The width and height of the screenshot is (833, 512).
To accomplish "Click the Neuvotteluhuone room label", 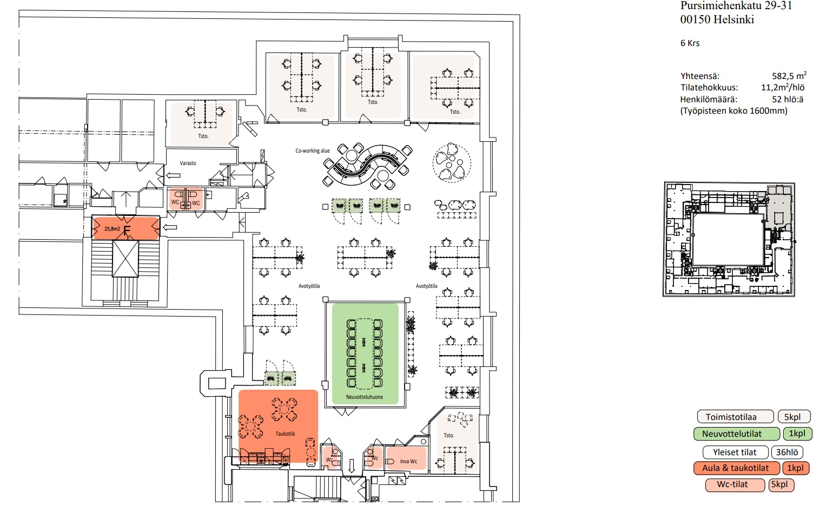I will tap(365, 397).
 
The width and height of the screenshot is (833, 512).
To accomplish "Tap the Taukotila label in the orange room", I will tap(285, 434).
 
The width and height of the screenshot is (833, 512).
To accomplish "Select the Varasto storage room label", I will tap(188, 163).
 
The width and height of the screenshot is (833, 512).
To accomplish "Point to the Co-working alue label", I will tap(312, 151).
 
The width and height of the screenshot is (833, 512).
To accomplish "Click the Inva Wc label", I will tap(408, 462).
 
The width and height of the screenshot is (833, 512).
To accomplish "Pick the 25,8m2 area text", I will tap(112, 229).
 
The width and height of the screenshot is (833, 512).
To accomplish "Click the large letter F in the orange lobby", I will tap(127, 231).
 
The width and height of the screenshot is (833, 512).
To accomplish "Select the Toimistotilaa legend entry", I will tap(734, 417).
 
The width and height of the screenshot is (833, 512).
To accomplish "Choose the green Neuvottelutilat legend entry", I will tap(736, 434).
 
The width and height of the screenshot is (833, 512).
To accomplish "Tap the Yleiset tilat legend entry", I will tap(734, 452).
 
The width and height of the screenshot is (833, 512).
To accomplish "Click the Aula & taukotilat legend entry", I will tap(736, 468).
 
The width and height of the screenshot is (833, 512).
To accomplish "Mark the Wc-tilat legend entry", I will tap(732, 484).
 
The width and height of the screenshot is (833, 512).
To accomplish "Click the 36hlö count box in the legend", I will tap(786, 452).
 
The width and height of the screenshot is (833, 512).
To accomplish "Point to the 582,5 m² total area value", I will tap(789, 76).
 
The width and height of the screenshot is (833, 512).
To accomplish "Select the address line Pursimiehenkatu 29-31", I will tap(736, 6).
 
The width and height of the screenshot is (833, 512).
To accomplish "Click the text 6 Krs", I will tap(690, 43).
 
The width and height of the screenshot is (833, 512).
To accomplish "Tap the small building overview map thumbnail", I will tap(729, 239).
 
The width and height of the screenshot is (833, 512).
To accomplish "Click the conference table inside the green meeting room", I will tap(365, 353).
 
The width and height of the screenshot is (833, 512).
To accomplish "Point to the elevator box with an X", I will tap(125, 259).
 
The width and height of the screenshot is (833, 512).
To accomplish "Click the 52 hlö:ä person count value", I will tap(787, 99).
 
